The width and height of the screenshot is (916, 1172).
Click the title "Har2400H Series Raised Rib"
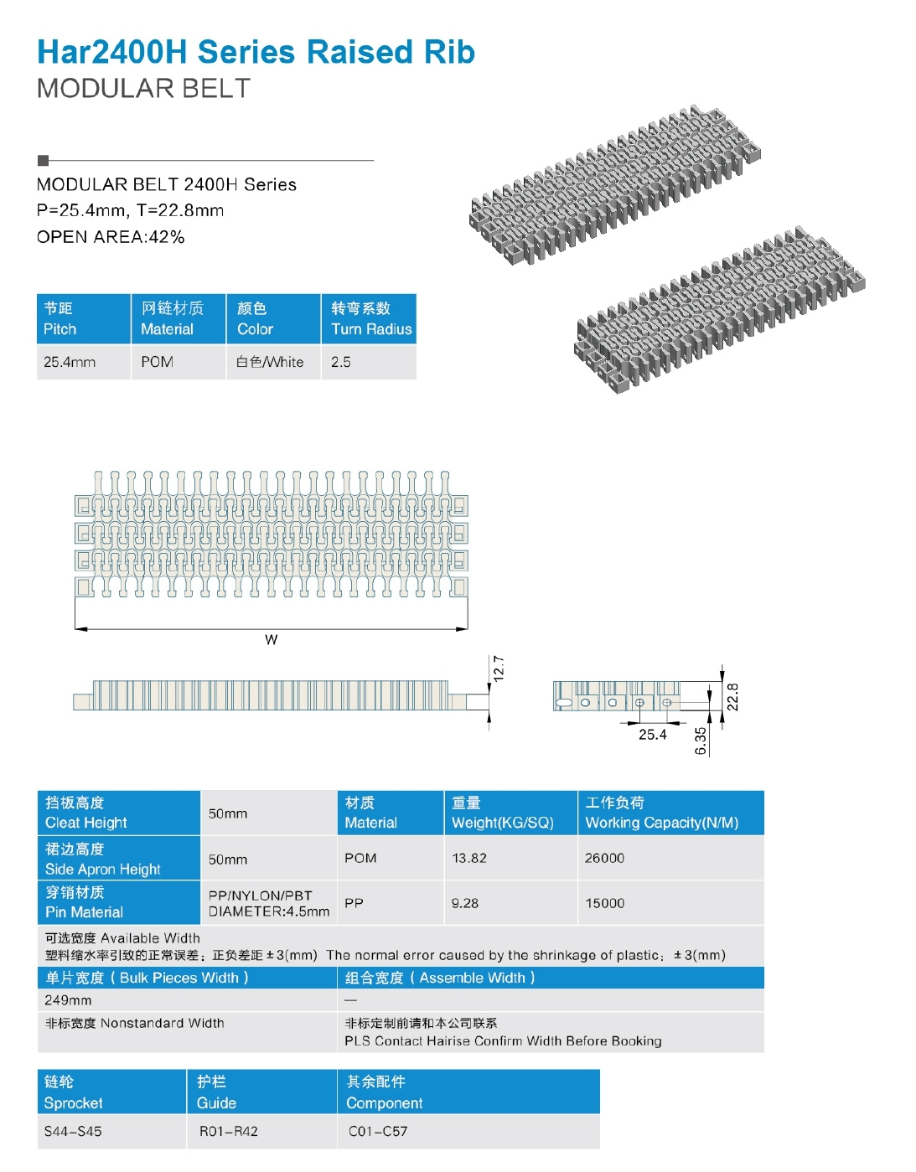256,52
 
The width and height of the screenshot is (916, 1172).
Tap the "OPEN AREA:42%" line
111,237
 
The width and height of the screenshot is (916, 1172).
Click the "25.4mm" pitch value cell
70,362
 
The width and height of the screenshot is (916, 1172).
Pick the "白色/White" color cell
270,362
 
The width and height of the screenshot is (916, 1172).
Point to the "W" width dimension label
271,640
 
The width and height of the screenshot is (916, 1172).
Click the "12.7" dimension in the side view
499,669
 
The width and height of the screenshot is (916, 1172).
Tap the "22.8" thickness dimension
732,697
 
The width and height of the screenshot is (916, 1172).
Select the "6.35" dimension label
701,741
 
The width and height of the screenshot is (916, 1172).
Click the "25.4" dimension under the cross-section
652,735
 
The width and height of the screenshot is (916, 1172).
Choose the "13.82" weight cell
469,858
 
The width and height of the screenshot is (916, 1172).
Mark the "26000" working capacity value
604,858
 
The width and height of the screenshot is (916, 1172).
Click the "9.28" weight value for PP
465,903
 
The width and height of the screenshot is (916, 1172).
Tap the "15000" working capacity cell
604,903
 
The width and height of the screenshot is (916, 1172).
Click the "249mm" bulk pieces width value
69,1000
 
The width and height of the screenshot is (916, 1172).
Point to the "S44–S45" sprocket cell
73,1131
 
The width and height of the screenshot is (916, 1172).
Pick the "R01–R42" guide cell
229,1131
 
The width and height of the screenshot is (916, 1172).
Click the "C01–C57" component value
378,1131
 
